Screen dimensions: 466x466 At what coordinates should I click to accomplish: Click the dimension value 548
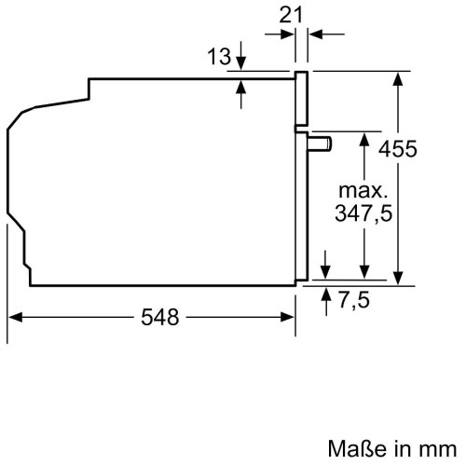pyautogui.click(x=160, y=318)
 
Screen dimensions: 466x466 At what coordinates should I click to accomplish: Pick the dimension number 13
pyautogui.click(x=218, y=58)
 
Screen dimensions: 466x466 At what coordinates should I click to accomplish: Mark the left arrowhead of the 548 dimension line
pyautogui.click(x=15, y=318)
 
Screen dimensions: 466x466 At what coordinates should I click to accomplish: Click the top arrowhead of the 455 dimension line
pyautogui.click(x=399, y=78)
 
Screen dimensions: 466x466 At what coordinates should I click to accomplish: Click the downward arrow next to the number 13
pyautogui.click(x=241, y=62)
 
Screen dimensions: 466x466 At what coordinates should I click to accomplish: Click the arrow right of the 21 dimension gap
pyautogui.click(x=314, y=34)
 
